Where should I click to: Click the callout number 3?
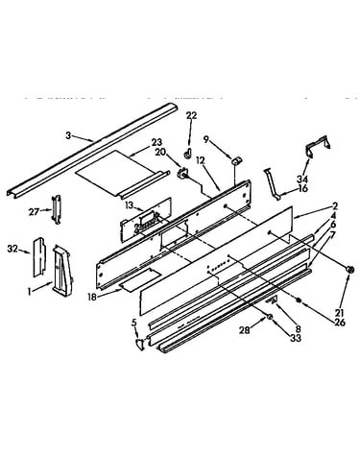coord(68,135)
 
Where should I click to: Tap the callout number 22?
coord(191,115)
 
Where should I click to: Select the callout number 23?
coord(156,142)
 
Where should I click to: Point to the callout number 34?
coord(302,180)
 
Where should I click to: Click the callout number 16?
coord(302,188)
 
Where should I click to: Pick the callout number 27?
coord(34,211)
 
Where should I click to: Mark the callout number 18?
coord(92,297)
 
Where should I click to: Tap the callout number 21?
coord(340,313)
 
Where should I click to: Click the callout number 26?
coord(340,323)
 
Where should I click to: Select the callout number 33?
coord(296,337)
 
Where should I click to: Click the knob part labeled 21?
coord(350,270)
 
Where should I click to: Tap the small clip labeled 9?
coord(237,160)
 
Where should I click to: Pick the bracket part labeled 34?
coord(317,146)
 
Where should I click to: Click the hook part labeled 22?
coord(188,154)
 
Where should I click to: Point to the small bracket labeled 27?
coord(56,209)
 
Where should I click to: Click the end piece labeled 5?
coord(140,345)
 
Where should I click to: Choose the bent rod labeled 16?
coord(272,184)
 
